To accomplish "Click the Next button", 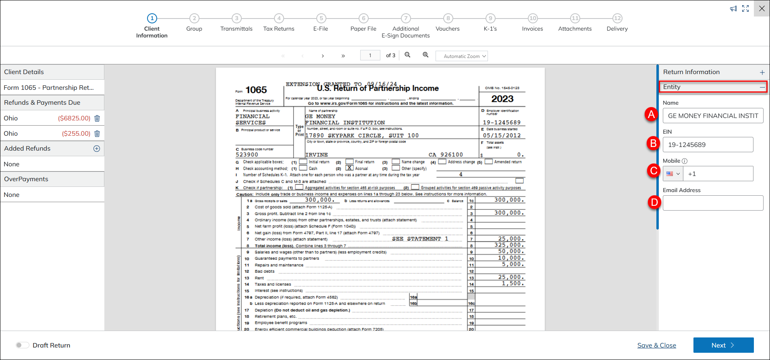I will pos(723,345).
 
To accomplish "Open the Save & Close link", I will pos(656,345).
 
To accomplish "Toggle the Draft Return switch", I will pos(23,345).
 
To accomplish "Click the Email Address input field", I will pos(713,203).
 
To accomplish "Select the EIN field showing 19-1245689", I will pos(708,145).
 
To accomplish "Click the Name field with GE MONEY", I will pos(713,116).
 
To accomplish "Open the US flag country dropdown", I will pos(673,174).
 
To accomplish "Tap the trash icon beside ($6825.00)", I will pos(97,118).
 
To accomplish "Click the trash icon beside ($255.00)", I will pos(97,134).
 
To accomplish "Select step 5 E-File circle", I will pos(321,18).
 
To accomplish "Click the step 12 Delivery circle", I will pos(617,18).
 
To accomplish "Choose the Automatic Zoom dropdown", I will pos(461,56).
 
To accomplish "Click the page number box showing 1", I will pos(370,55).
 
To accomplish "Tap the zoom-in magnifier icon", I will pos(425,55).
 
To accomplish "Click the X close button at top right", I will pos(762,8).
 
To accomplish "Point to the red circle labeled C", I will pos(654,171).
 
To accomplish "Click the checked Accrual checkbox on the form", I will pos(350,168).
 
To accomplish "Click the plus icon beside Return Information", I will pos(762,72).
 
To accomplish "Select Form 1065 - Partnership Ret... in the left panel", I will pos(49,87).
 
